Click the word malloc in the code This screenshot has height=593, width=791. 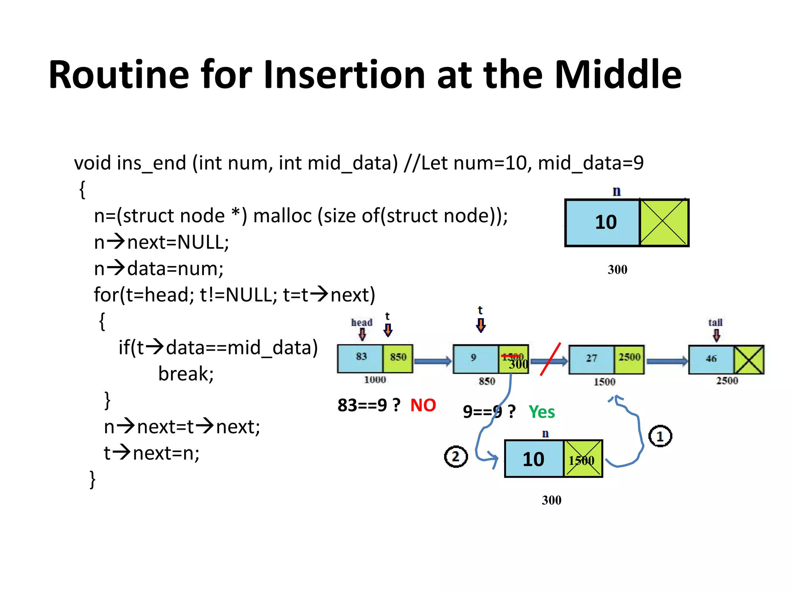pos(282,216)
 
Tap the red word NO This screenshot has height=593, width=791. pos(423,405)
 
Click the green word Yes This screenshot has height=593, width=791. pos(541,412)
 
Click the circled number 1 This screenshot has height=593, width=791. pos(660,436)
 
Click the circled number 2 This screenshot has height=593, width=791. pos(456,457)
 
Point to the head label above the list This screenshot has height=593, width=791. pos(362,322)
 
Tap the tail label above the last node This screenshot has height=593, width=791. pos(715,322)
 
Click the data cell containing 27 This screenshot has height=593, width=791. pos(591,359)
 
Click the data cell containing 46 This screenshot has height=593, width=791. pos(711,359)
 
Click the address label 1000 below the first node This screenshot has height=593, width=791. pos(375,380)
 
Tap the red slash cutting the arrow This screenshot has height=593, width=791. pos(550,359)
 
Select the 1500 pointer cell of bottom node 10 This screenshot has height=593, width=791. pos(582,459)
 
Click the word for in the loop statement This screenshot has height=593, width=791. pos(106,295)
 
